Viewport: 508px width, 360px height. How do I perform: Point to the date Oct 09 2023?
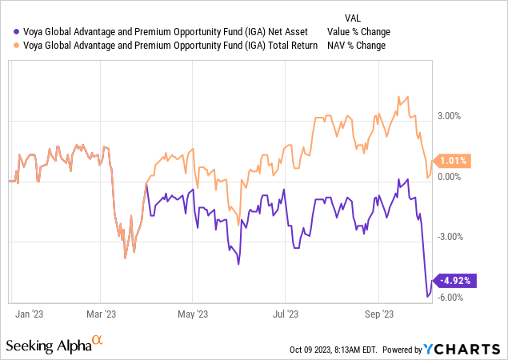[x=317, y=350]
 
